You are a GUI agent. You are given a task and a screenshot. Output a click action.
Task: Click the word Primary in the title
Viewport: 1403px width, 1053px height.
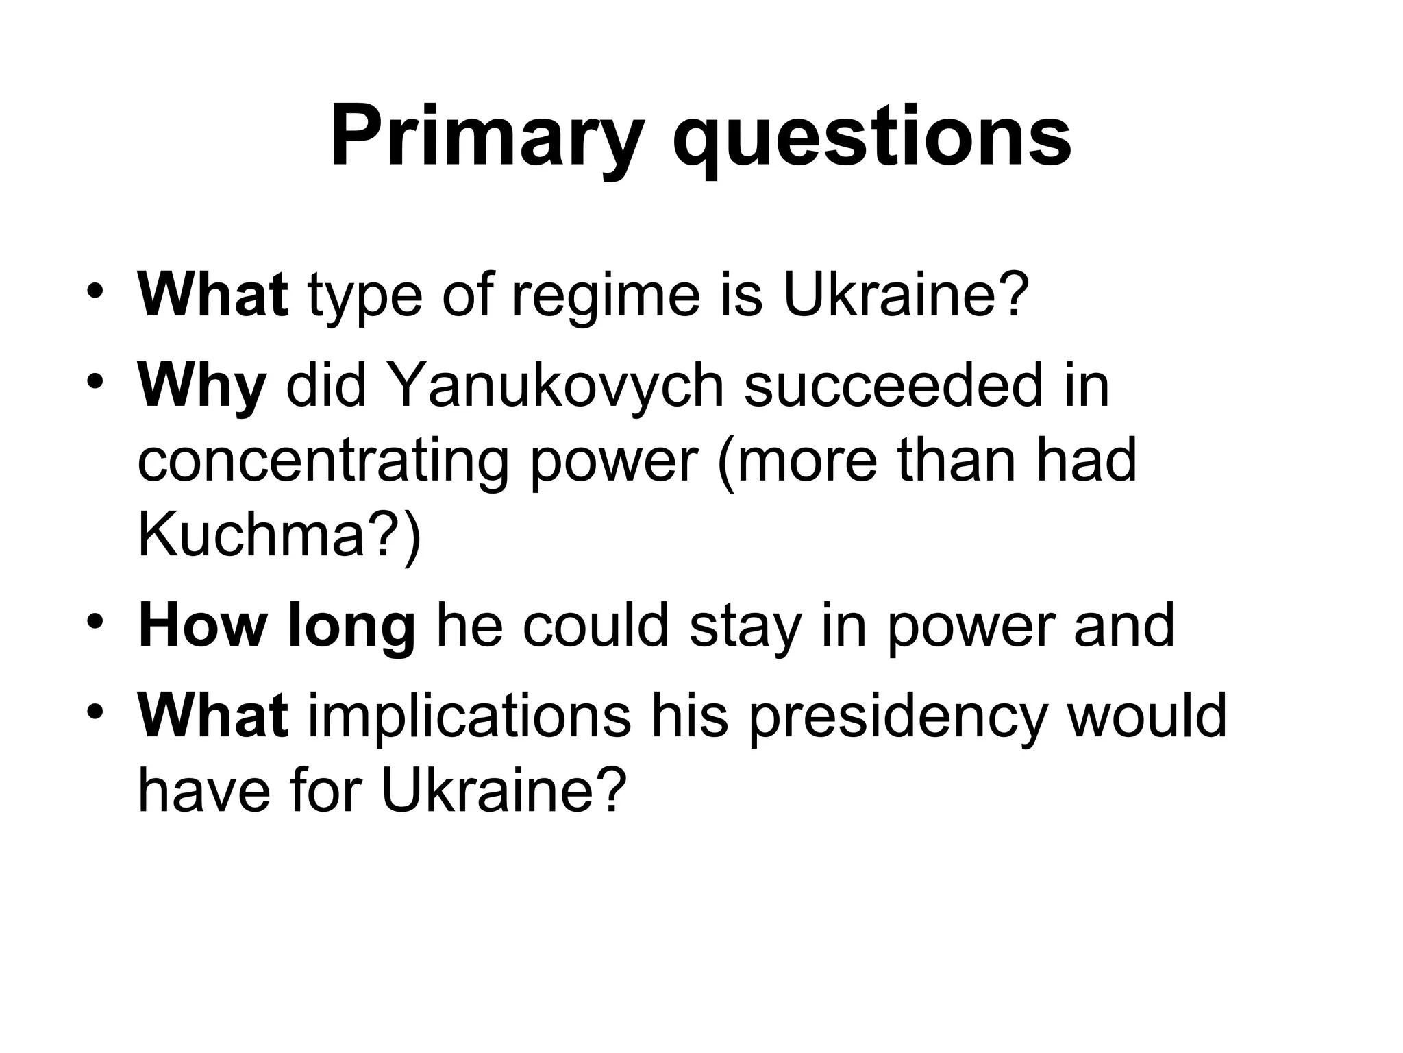pos(487,137)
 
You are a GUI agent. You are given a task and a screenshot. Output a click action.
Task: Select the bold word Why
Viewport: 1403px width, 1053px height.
pos(201,385)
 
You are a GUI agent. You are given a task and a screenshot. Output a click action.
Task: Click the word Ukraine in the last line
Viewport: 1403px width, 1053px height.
pos(504,790)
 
